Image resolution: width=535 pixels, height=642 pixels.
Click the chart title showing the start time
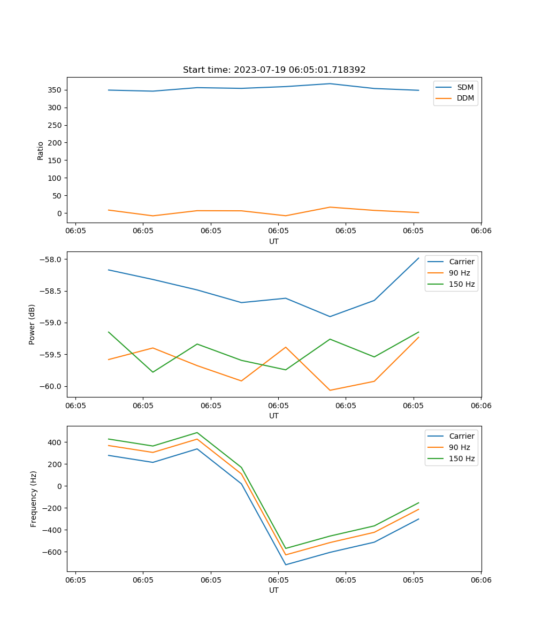274,70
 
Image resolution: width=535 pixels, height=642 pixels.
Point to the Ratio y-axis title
40,150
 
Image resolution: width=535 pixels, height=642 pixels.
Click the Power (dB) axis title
32,324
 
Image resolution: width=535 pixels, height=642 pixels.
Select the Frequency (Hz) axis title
33,499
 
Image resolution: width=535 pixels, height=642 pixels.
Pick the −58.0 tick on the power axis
51,259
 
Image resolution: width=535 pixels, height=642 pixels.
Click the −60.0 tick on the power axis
51,386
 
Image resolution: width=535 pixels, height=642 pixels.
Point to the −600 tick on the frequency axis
53,552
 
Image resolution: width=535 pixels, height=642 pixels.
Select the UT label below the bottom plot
274,590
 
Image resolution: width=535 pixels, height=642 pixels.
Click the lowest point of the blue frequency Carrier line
286,564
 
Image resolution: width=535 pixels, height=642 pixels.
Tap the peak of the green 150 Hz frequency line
197,433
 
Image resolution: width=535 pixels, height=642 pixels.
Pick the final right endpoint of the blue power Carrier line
418,258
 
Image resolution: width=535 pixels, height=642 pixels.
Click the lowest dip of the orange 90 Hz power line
330,390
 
